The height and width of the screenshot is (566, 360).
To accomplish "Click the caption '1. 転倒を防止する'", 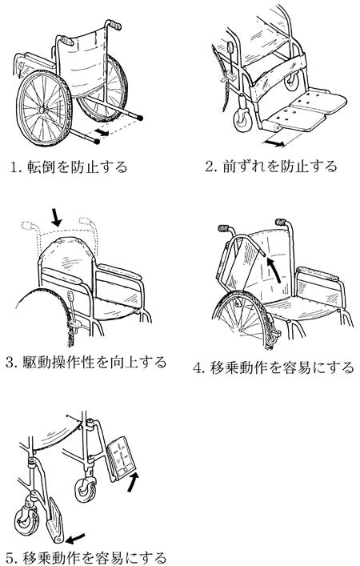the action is click(x=69, y=167).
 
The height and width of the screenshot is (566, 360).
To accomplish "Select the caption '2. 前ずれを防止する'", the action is click(x=271, y=167).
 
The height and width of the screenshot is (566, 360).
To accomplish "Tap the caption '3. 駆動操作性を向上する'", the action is click(x=86, y=362).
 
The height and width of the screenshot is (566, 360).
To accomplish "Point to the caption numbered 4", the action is click(x=274, y=367).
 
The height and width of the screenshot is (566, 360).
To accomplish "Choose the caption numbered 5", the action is click(x=86, y=558).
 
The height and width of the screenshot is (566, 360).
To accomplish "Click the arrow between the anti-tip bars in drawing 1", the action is click(x=102, y=132).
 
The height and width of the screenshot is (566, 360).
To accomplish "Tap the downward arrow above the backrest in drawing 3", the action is click(x=55, y=216).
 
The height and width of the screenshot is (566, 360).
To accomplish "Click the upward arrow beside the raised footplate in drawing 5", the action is click(x=133, y=482).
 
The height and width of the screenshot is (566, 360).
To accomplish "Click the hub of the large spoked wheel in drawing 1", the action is click(x=42, y=108).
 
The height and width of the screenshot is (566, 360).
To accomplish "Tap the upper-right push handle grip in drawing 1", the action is click(x=115, y=25).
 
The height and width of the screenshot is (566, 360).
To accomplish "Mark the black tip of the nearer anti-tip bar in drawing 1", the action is click(x=96, y=142).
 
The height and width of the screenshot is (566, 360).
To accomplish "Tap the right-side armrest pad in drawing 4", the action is click(x=318, y=274).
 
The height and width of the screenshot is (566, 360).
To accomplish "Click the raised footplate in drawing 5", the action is click(x=122, y=458).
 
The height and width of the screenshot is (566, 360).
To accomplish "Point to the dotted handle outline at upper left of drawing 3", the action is click(x=30, y=227).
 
